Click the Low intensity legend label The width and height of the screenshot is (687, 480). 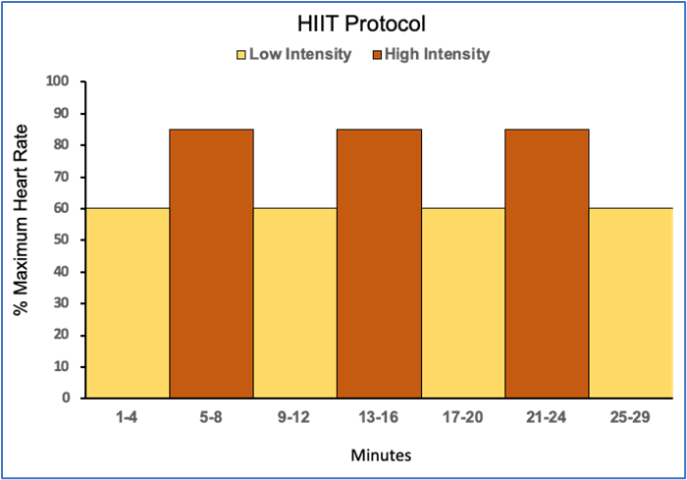(300, 55)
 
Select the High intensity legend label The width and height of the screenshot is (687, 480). (437, 55)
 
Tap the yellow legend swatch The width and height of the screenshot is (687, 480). (241, 56)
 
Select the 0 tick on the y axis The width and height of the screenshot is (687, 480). (65, 398)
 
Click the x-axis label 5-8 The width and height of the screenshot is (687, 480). (211, 418)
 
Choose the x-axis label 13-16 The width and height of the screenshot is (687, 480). (379, 418)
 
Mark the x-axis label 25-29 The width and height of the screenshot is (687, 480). (631, 418)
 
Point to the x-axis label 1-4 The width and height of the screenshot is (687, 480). (128, 418)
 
